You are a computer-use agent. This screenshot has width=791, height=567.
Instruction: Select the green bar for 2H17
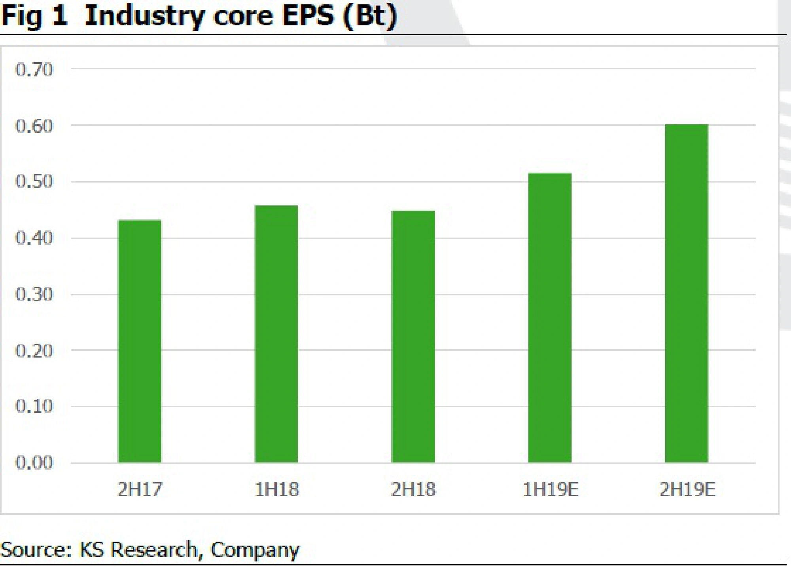(139, 341)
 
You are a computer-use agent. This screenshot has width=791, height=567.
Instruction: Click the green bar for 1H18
(276, 334)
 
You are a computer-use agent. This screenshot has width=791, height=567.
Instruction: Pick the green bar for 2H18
(413, 337)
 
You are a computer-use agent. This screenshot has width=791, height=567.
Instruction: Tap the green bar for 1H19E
(550, 318)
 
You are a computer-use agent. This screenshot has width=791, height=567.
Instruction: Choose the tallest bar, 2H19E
(687, 293)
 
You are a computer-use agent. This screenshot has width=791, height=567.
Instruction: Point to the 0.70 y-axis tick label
(34, 70)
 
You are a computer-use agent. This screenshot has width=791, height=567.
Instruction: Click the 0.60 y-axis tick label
(34, 126)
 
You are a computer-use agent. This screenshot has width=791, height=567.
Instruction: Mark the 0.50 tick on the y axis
(34, 182)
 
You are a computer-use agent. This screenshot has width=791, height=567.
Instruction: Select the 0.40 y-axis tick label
(34, 238)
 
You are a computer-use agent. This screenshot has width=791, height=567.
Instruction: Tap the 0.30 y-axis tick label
(34, 295)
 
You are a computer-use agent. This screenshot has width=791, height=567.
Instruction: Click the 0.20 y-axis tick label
(34, 351)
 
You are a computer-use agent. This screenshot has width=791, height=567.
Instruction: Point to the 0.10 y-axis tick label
(34, 406)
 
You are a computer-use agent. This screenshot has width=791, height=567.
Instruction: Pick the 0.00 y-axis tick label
(34, 462)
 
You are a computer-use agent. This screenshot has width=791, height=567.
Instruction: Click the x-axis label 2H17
(140, 490)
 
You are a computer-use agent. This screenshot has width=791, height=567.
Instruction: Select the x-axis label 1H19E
(550, 490)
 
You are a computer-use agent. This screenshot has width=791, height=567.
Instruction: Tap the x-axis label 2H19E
(687, 490)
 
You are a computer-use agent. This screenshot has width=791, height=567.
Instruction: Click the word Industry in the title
(145, 17)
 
